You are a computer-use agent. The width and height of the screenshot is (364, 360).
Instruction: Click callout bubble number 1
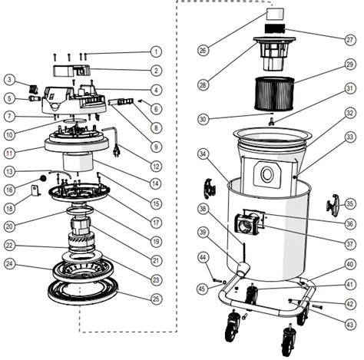coord(156,52)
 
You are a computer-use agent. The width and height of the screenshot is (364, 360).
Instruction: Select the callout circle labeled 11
coord(9,153)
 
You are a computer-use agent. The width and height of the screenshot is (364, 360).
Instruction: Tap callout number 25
coord(156,299)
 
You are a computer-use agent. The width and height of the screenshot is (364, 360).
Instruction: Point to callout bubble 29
coord(350,64)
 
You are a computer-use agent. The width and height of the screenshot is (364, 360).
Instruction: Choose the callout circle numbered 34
coord(203,154)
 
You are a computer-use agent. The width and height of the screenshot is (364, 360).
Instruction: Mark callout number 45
coord(202,289)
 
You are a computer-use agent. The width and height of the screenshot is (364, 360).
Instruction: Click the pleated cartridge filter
coord(274,94)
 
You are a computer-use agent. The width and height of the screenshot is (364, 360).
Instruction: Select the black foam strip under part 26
coord(275,28)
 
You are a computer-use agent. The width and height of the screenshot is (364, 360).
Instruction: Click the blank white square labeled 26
coord(275,14)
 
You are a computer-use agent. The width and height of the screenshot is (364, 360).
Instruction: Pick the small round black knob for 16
coord(42,178)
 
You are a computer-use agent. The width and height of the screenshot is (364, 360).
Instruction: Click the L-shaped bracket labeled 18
coord(35,191)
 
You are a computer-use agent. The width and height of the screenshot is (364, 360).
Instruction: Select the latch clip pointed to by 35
coord(332,206)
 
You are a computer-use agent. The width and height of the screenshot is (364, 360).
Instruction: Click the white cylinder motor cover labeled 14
coord(78,162)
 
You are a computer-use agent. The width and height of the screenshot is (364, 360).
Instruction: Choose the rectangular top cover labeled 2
coord(71,71)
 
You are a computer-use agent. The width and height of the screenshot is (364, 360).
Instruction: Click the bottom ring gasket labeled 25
coord(83,291)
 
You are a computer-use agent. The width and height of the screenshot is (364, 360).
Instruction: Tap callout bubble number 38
coord(203,209)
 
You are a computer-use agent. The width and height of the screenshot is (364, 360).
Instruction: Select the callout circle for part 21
coord(156,261)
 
